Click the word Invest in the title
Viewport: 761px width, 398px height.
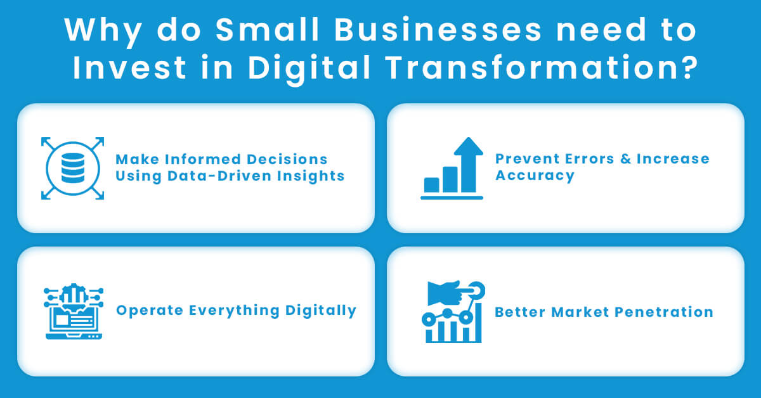tap(128, 67)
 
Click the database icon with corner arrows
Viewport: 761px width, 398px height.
tap(72, 168)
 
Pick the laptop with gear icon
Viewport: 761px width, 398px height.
tap(73, 312)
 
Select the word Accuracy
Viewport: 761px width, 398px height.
tap(535, 175)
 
